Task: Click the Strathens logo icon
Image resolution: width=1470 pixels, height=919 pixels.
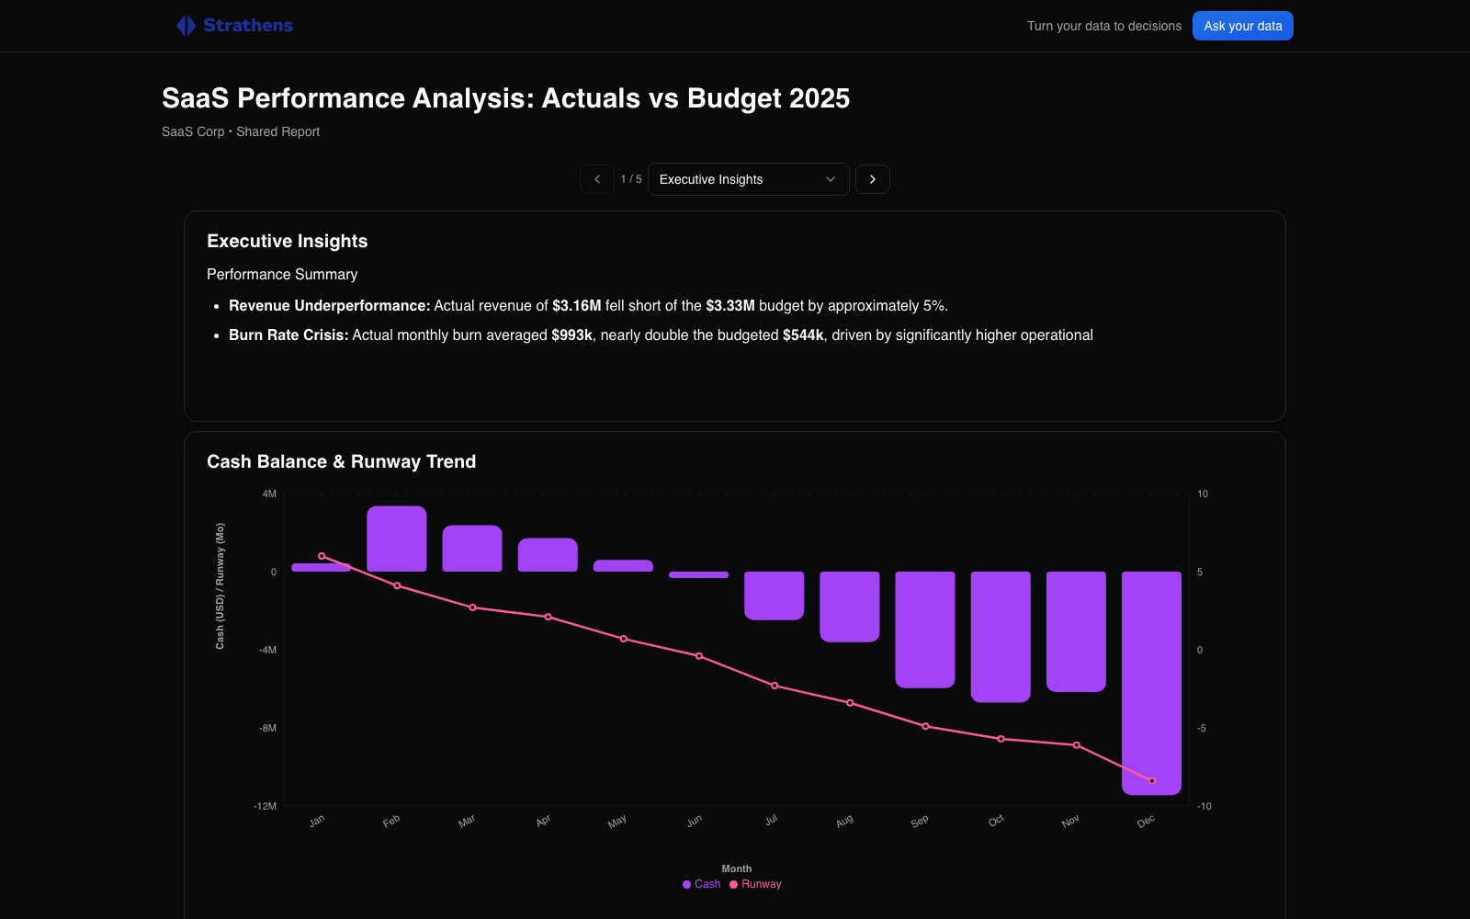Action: tap(187, 26)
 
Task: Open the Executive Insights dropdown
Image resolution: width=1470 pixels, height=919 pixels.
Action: tap(748, 179)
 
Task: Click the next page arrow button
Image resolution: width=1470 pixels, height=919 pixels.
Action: tap(872, 179)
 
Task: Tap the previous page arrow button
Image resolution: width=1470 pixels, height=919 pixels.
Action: tap(597, 179)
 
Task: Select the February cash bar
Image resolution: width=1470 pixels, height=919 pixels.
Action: tap(396, 539)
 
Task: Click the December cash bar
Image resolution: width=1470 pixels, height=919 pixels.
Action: tap(1152, 684)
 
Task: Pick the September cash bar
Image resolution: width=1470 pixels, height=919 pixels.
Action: tap(925, 630)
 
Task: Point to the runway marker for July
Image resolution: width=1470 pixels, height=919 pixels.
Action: tap(775, 686)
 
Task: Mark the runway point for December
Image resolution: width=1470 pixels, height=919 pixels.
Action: tap(1152, 781)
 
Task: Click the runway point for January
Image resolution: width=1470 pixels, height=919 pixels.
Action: tap(322, 556)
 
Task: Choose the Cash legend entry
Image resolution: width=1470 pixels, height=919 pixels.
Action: tap(702, 884)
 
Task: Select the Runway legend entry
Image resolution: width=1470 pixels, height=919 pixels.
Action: tap(755, 884)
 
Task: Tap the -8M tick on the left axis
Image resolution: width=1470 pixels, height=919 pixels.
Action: tap(267, 728)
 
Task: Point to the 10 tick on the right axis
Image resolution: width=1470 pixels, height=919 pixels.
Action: tap(1203, 494)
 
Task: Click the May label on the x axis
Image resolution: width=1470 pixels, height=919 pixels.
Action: tap(616, 822)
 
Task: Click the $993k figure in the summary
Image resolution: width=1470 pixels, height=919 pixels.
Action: tap(571, 335)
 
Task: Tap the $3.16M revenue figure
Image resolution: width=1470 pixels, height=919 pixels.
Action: tap(577, 306)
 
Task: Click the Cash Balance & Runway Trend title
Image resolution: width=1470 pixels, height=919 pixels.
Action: tap(341, 461)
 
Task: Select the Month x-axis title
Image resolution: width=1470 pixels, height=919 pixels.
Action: tap(736, 868)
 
